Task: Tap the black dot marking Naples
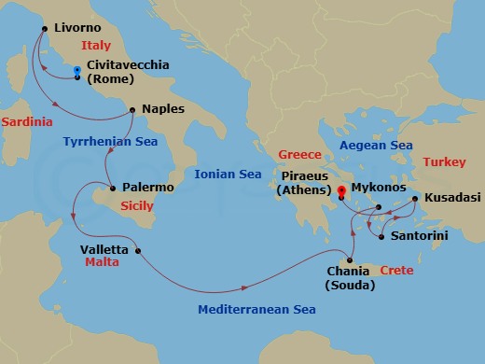click(x=133, y=110)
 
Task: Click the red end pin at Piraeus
click(x=342, y=193)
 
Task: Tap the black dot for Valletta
click(x=138, y=250)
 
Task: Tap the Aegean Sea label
click(x=376, y=146)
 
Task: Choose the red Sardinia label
click(x=25, y=122)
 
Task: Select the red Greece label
click(x=299, y=154)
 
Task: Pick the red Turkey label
click(x=444, y=161)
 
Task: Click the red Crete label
click(x=397, y=270)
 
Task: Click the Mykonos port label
click(x=383, y=187)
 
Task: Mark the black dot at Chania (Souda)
click(x=351, y=259)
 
